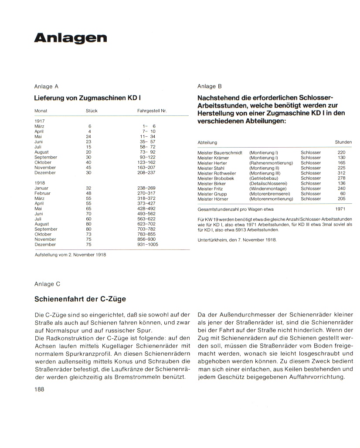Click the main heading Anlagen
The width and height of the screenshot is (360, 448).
tap(70, 38)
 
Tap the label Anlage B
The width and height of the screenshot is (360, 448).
tap(210, 86)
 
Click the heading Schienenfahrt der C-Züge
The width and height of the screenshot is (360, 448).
tap(80, 299)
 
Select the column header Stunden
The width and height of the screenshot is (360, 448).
tap(343, 142)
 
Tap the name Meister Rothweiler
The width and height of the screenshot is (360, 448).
tap(216, 173)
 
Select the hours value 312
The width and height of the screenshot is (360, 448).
tap(341, 173)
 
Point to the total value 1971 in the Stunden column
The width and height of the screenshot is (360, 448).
tap(340, 209)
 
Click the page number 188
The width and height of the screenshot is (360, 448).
tap(39, 389)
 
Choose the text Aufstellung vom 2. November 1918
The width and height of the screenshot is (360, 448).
tap(70, 254)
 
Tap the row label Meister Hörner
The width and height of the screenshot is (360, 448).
tap(213, 199)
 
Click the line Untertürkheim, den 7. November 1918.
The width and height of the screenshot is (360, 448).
tap(237, 240)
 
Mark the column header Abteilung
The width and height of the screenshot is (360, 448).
tap(207, 142)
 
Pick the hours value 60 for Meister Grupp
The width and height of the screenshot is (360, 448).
tap(343, 194)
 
